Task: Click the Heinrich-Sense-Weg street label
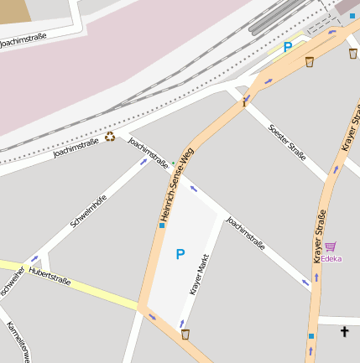[177, 185]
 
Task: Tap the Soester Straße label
[287, 140]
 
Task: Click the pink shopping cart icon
[331, 246]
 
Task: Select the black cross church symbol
[344, 332]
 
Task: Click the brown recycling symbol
[109, 137]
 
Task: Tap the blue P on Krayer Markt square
[180, 254]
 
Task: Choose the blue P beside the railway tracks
[288, 48]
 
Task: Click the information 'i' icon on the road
[245, 101]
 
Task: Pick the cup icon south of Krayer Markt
[185, 334]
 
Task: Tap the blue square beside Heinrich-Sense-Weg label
[162, 225]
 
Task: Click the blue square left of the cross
[311, 336]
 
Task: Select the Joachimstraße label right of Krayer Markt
[246, 235]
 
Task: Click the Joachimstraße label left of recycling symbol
[76, 148]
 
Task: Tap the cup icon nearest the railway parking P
[310, 61]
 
